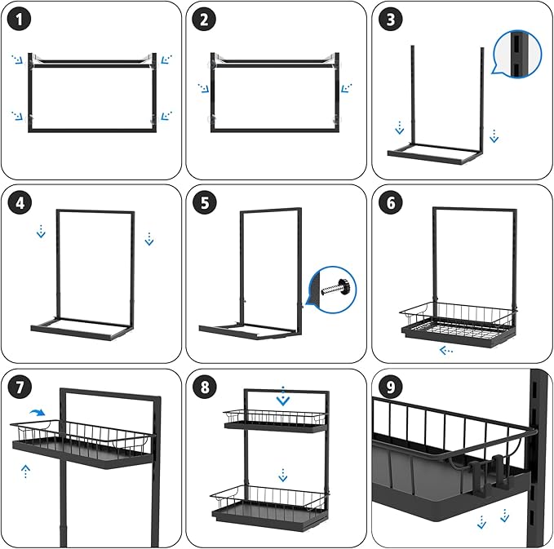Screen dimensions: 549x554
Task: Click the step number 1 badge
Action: [20, 20]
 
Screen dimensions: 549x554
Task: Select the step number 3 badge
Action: [392, 20]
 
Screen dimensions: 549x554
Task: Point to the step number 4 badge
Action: [20, 202]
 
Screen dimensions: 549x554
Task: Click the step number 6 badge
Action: [392, 202]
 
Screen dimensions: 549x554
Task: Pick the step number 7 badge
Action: [20, 387]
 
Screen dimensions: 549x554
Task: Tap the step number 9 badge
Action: [392, 387]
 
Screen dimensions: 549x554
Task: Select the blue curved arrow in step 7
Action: [37, 415]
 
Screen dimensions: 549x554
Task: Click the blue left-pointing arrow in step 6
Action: [446, 351]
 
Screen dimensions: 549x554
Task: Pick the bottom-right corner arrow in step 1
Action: [166, 116]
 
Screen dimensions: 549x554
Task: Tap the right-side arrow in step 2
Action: [347, 87]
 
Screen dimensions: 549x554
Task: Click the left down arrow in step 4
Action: [41, 234]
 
